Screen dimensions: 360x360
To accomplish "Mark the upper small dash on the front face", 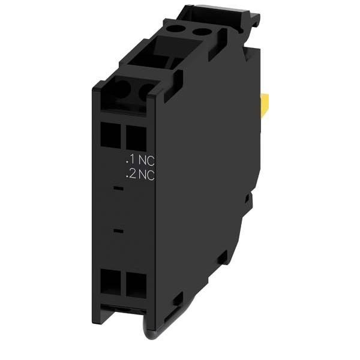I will (118, 188).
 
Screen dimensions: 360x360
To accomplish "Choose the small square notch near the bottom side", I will (178, 298).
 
